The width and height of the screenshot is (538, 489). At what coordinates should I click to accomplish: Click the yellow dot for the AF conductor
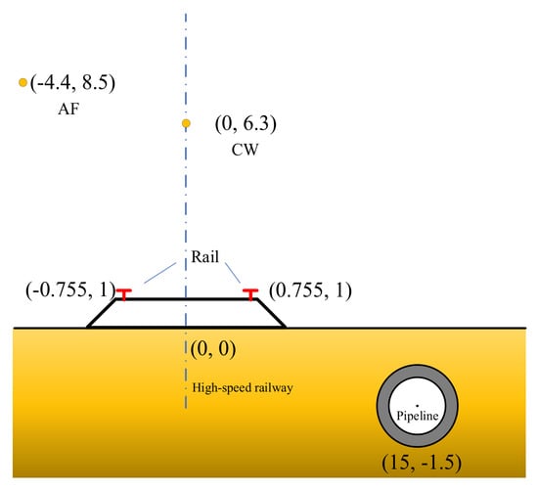(22, 82)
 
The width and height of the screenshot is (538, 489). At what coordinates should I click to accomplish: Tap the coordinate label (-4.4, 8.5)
(72, 83)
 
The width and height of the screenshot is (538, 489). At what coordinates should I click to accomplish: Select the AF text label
(68, 110)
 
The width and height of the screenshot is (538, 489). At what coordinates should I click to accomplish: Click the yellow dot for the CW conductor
(186, 123)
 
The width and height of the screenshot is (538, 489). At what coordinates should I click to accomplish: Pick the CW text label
(245, 150)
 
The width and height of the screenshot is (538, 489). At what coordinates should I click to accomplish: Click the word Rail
(204, 256)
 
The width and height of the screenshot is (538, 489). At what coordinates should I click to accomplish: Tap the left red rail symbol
(124, 294)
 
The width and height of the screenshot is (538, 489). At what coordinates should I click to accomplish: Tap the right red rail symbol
(250, 294)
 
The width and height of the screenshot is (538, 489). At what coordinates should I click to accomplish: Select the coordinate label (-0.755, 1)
(70, 289)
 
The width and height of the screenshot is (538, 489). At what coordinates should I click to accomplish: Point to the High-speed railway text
(243, 387)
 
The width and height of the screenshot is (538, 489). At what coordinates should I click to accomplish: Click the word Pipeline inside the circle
(418, 416)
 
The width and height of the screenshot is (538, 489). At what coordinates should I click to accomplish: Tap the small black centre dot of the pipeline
(417, 406)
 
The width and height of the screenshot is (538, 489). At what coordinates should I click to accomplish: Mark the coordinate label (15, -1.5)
(422, 463)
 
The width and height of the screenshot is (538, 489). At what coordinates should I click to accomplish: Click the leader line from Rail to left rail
(160, 273)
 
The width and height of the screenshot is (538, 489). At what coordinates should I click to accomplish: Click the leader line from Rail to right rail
(233, 273)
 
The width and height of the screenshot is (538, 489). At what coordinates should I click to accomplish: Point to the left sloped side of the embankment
(101, 313)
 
